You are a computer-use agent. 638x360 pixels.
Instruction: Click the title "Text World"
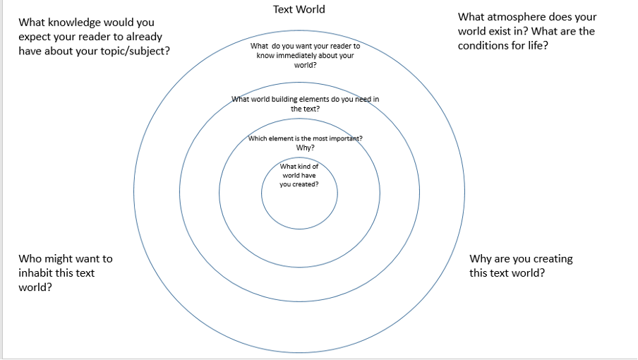(x=299, y=10)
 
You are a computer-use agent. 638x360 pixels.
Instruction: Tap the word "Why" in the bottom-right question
(x=481, y=259)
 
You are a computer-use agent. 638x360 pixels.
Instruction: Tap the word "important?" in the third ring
(x=344, y=138)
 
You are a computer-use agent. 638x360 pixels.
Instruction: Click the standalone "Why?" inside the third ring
(x=305, y=148)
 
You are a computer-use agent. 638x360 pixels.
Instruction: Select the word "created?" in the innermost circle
(x=304, y=184)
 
